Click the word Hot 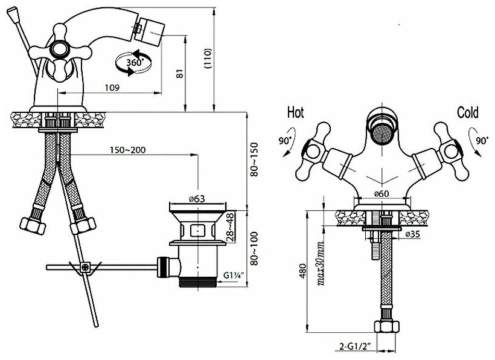point(295,113)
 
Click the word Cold point(467,113)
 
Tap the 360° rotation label point(135,62)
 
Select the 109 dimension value point(110,88)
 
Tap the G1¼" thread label point(234,275)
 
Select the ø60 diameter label point(381,193)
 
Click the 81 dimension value point(178,73)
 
